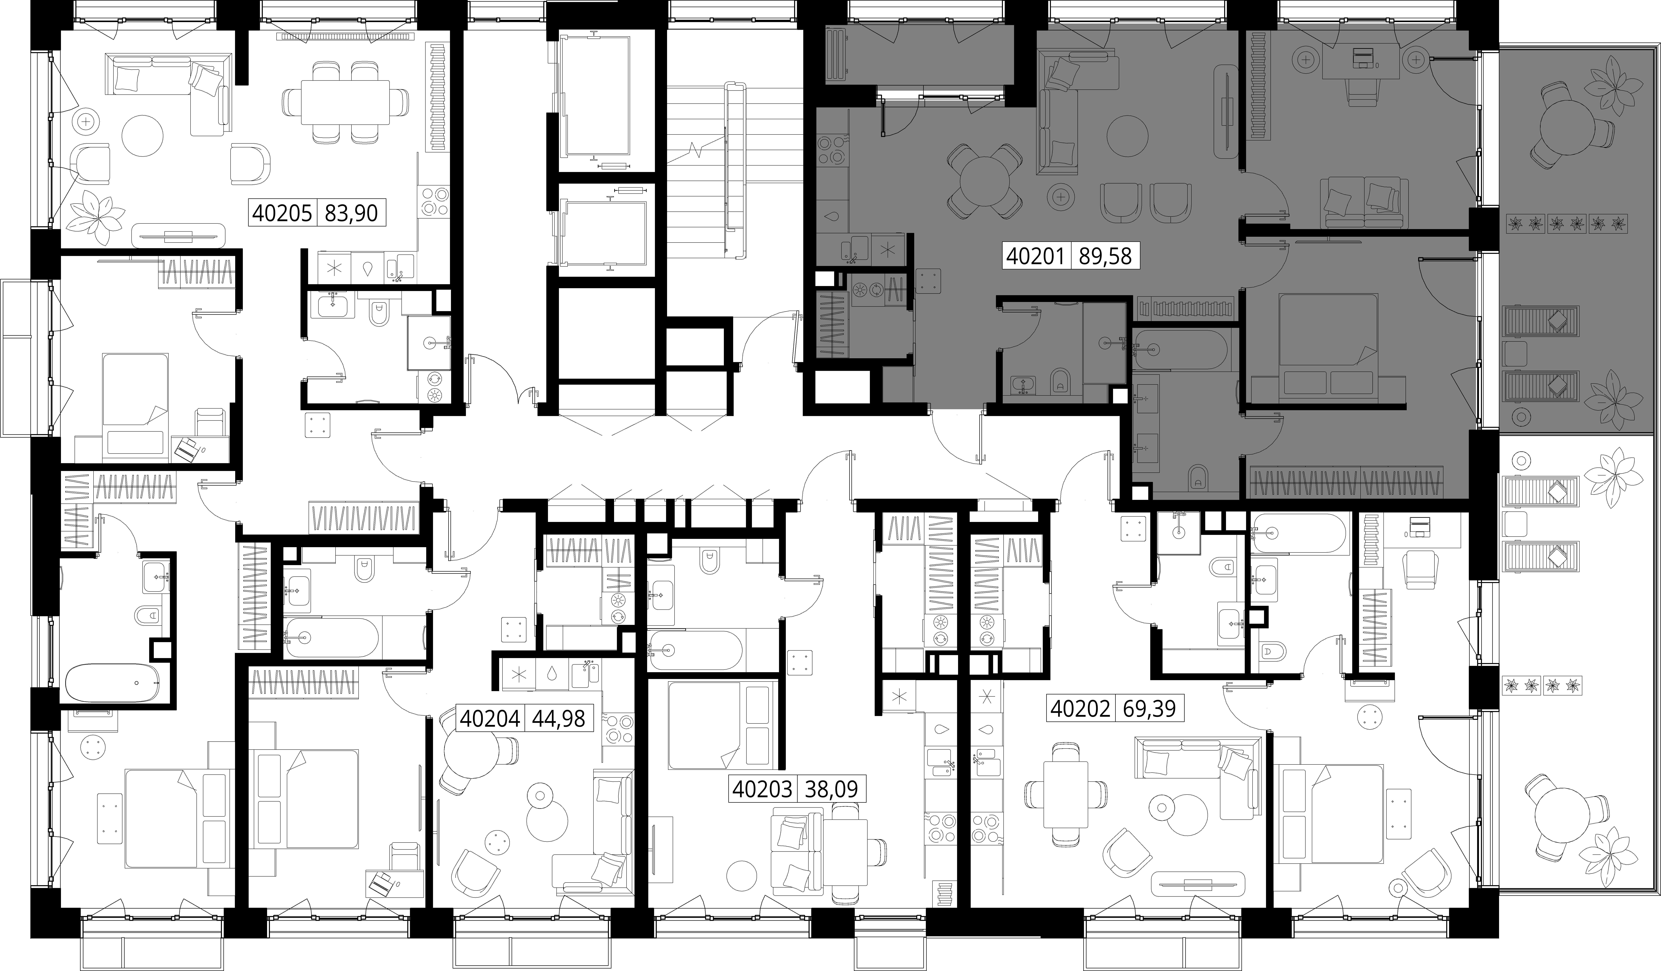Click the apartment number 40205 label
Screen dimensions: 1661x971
point(283,213)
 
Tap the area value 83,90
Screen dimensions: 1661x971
point(351,213)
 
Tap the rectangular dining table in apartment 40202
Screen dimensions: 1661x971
point(1066,795)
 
